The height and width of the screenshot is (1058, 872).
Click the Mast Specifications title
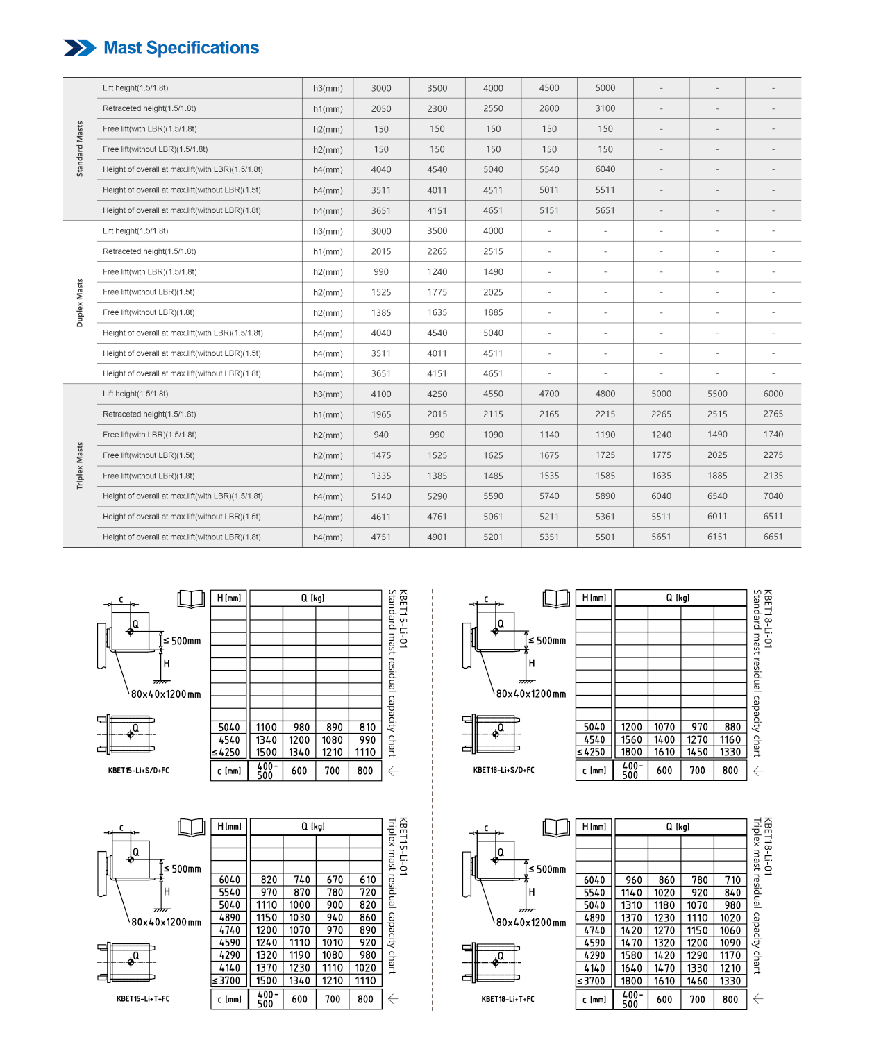(181, 48)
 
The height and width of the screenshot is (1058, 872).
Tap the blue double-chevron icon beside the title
(80, 48)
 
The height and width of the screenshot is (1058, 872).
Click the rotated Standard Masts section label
(80, 149)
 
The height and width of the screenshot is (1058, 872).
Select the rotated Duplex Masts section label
(80, 303)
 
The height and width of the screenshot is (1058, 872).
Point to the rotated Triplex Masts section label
(80, 466)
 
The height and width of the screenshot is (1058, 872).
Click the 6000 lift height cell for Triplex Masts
(773, 394)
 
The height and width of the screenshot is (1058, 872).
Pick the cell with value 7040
(773, 496)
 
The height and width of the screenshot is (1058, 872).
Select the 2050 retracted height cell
(381, 108)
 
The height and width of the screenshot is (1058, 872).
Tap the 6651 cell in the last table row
(773, 537)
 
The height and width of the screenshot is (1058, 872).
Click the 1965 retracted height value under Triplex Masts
(381, 414)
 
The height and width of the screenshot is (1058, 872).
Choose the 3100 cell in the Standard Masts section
(605, 108)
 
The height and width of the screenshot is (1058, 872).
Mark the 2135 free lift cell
(773, 476)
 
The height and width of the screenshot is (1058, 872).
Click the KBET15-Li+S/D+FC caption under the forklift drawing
(139, 770)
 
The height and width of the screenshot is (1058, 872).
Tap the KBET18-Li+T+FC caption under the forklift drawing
(508, 999)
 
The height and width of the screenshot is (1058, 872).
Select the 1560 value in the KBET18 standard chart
(631, 740)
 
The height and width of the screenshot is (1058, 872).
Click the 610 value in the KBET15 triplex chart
(367, 880)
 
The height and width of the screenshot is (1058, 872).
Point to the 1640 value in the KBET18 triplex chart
(631, 968)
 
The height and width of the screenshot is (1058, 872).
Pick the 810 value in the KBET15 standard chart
(367, 728)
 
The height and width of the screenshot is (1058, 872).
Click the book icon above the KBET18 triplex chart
(557, 827)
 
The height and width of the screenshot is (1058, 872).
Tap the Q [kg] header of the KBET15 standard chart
(313, 598)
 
